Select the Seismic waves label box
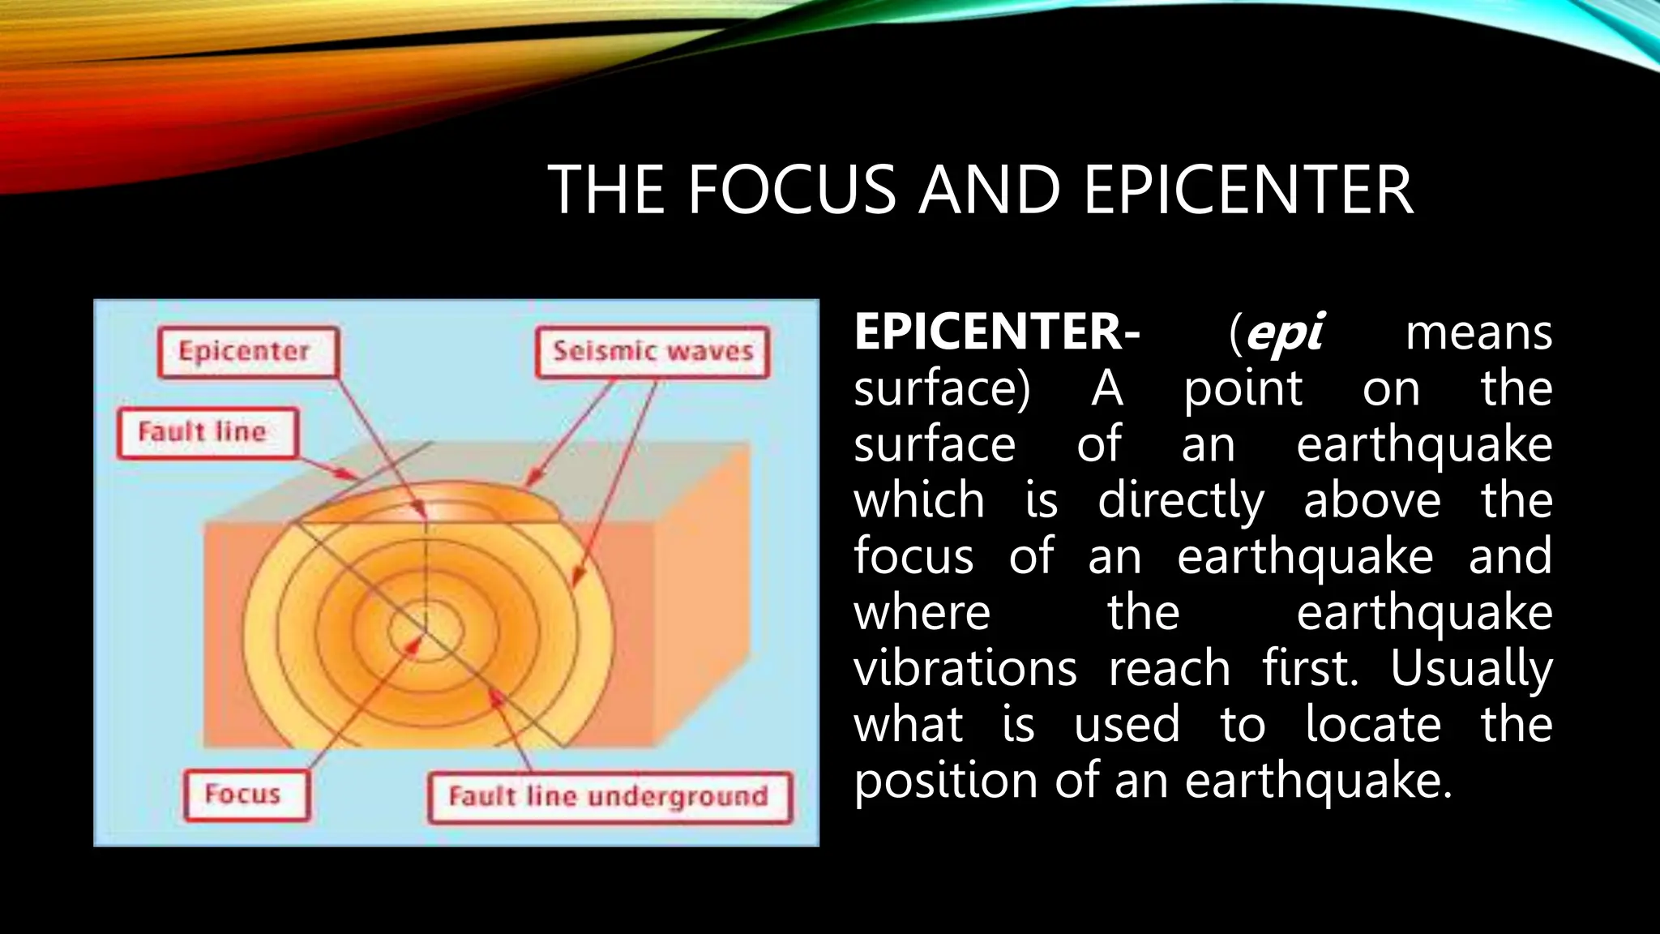point(652,353)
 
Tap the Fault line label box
point(207,433)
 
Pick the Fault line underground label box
point(609,798)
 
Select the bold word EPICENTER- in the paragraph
point(996,332)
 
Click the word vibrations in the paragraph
point(965,670)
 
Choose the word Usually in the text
point(1470,670)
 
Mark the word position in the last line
point(946,782)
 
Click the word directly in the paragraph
point(1180,502)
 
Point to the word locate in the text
point(1373,725)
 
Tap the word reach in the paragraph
point(1169,670)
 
